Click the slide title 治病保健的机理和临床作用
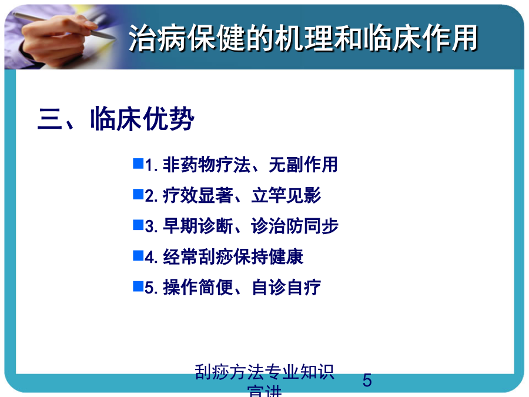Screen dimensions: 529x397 (303, 38)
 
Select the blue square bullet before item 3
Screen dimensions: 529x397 (138, 225)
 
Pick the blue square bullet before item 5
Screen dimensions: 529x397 (138, 286)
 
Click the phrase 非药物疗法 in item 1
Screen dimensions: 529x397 (206, 165)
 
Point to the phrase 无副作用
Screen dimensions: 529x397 (303, 165)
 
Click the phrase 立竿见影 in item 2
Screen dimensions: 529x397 (286, 195)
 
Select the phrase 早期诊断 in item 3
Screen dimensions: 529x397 (197, 226)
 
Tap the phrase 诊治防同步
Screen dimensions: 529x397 (294, 226)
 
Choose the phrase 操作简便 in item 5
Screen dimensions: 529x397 (197, 288)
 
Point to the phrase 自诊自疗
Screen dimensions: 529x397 (286, 288)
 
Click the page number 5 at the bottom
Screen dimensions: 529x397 (367, 381)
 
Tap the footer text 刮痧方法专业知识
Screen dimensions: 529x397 (264, 372)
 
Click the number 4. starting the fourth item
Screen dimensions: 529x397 (151, 257)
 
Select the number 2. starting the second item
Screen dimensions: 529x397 (151, 196)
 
